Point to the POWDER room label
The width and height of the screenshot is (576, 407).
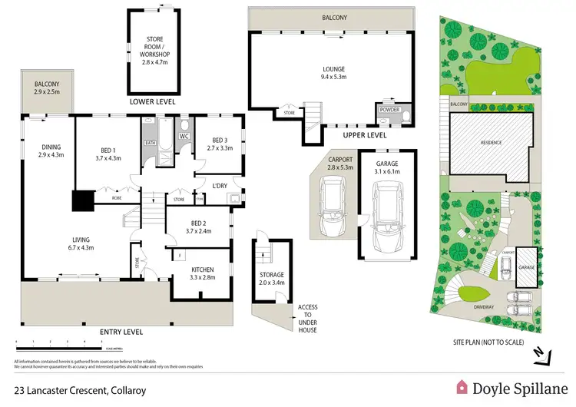point(389,110)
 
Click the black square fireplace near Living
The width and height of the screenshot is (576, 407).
point(82,200)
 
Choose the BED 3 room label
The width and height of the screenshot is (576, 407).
point(221,144)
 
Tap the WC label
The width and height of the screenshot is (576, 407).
point(184,137)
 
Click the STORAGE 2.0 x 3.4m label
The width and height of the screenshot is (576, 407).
point(271,279)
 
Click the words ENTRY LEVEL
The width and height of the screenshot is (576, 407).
point(123,332)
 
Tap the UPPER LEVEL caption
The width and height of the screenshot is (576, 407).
point(364,134)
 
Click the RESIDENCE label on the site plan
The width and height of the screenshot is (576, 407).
point(492,141)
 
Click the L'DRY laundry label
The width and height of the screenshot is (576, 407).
point(221,185)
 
